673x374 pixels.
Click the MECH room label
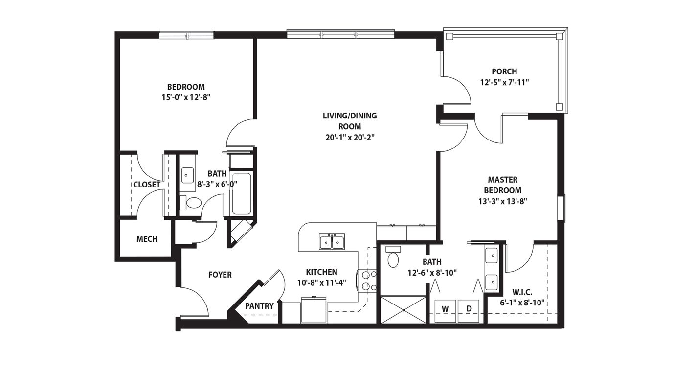(x=147, y=239)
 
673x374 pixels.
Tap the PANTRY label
(x=259, y=306)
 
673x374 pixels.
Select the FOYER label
(x=220, y=275)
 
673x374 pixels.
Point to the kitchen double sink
(x=332, y=241)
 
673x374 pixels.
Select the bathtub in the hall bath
(x=241, y=193)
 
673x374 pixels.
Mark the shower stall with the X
(x=403, y=309)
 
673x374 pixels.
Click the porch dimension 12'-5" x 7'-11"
(x=504, y=82)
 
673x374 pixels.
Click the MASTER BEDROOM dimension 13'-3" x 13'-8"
(x=502, y=200)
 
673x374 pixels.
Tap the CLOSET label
(x=146, y=185)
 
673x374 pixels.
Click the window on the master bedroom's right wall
(x=561, y=208)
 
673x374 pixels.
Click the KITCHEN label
(x=321, y=272)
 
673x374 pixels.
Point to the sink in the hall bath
(x=187, y=175)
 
